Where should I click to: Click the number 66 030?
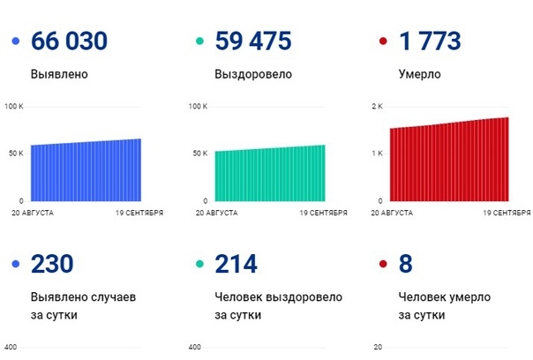(x=69, y=41)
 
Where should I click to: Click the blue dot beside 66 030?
(x=16, y=41)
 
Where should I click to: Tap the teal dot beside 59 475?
(x=199, y=41)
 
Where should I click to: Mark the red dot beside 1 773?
(x=382, y=41)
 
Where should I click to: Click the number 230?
(x=52, y=264)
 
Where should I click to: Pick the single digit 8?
(x=407, y=264)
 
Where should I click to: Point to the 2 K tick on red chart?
(x=377, y=107)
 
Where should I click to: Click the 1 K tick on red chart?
(x=377, y=154)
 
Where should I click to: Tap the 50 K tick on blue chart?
(x=16, y=154)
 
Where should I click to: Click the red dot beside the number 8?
(x=382, y=264)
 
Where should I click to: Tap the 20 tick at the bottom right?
(x=378, y=347)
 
